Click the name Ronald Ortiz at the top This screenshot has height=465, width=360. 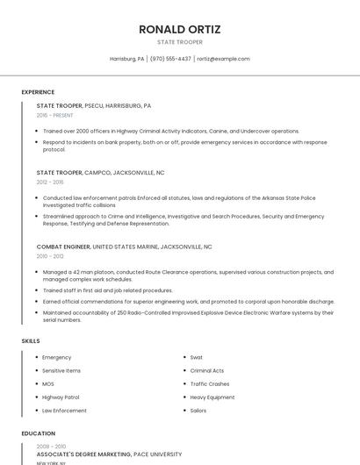(180, 29)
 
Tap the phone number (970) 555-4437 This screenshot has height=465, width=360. (170, 59)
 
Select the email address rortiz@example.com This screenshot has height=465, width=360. (223, 59)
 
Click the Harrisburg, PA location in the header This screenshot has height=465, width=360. (126, 59)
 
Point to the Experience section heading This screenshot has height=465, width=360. (38, 92)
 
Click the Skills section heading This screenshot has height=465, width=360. (30, 340)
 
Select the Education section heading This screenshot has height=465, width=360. (38, 433)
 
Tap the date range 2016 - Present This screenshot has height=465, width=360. (55, 115)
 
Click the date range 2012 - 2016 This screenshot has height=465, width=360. (50, 182)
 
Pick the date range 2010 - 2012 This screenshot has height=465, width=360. (50, 256)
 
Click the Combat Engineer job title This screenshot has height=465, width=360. (63, 247)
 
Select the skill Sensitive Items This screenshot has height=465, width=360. (61, 371)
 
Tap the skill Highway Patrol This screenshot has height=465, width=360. (61, 397)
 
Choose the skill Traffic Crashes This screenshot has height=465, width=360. (210, 384)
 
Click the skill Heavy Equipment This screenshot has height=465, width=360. (212, 397)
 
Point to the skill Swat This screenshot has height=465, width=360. (197, 358)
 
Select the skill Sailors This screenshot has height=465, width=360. (198, 411)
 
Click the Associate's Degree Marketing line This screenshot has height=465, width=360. (109, 454)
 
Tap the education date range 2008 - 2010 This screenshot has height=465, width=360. (51, 447)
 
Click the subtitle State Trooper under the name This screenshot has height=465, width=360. (180, 42)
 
